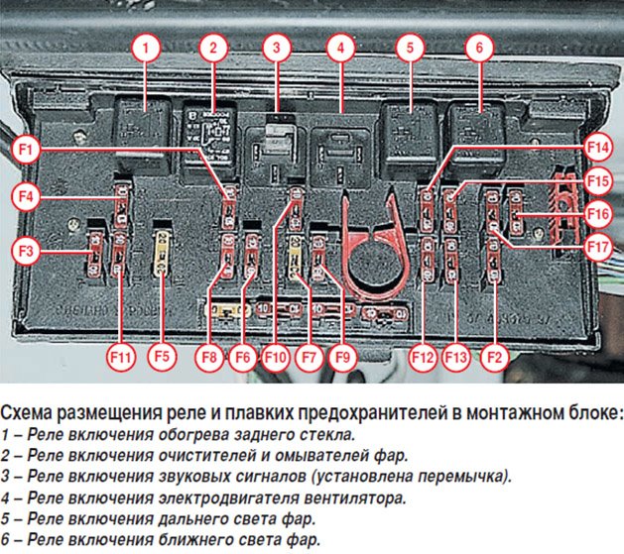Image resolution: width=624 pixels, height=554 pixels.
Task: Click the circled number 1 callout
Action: (x=146, y=47)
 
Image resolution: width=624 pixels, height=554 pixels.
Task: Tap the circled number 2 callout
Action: (x=212, y=47)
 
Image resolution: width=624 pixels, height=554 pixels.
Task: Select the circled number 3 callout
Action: (x=279, y=47)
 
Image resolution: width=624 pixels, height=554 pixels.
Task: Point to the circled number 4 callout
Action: (x=341, y=47)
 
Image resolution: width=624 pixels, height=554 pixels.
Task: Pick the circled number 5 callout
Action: (x=409, y=47)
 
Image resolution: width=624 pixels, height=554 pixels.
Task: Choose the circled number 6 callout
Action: (x=478, y=47)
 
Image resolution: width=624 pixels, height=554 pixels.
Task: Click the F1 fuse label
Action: (x=28, y=151)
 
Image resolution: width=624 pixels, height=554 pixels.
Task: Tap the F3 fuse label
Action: (x=28, y=251)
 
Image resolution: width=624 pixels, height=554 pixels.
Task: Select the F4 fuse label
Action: (x=28, y=196)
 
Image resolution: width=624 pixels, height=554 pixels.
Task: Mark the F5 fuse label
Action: (x=159, y=355)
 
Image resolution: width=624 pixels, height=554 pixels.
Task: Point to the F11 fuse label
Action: (x=120, y=355)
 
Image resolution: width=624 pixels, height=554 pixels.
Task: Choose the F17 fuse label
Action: (x=597, y=245)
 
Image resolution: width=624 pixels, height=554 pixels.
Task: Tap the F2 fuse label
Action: (x=495, y=355)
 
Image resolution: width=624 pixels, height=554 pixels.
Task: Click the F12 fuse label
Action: (x=424, y=355)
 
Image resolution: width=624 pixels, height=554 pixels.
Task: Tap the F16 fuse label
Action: (x=597, y=213)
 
